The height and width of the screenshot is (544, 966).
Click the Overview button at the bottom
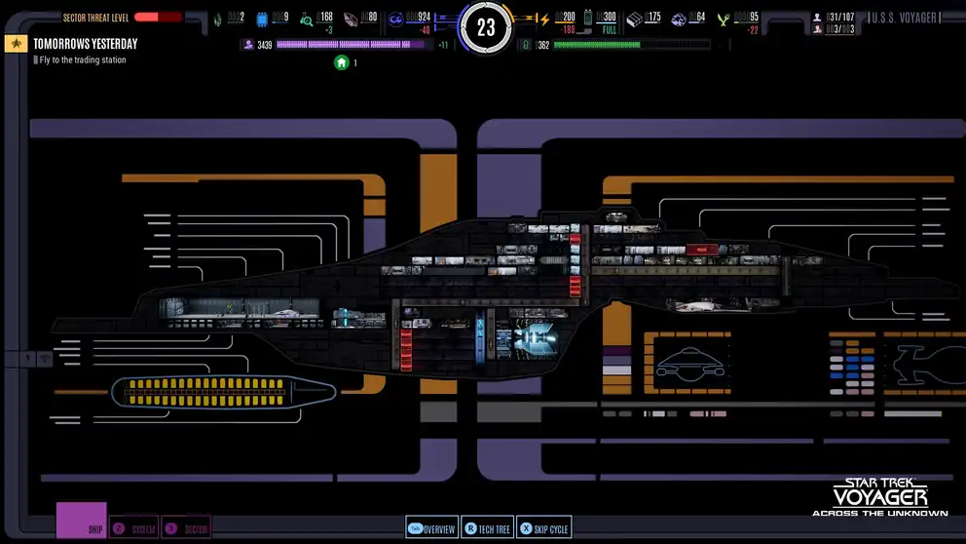coord(430,528)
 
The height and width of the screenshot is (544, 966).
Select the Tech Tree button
coord(487,528)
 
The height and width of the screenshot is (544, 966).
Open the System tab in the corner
coord(133,528)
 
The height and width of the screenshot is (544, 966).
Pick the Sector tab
coord(186,528)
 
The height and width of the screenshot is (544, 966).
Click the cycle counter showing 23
coord(486,28)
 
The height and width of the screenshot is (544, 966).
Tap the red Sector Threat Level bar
coord(158,17)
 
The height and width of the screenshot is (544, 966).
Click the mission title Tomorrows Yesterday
coord(85,44)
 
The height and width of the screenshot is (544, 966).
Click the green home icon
coord(342,62)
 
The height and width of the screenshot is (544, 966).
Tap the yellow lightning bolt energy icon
coord(543,19)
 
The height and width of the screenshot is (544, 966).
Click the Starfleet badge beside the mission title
coord(16,44)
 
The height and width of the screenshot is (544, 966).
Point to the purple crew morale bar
coord(350,45)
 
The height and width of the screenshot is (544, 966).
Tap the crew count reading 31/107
coord(838,18)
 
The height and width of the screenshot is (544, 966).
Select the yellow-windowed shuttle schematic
coord(223,392)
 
